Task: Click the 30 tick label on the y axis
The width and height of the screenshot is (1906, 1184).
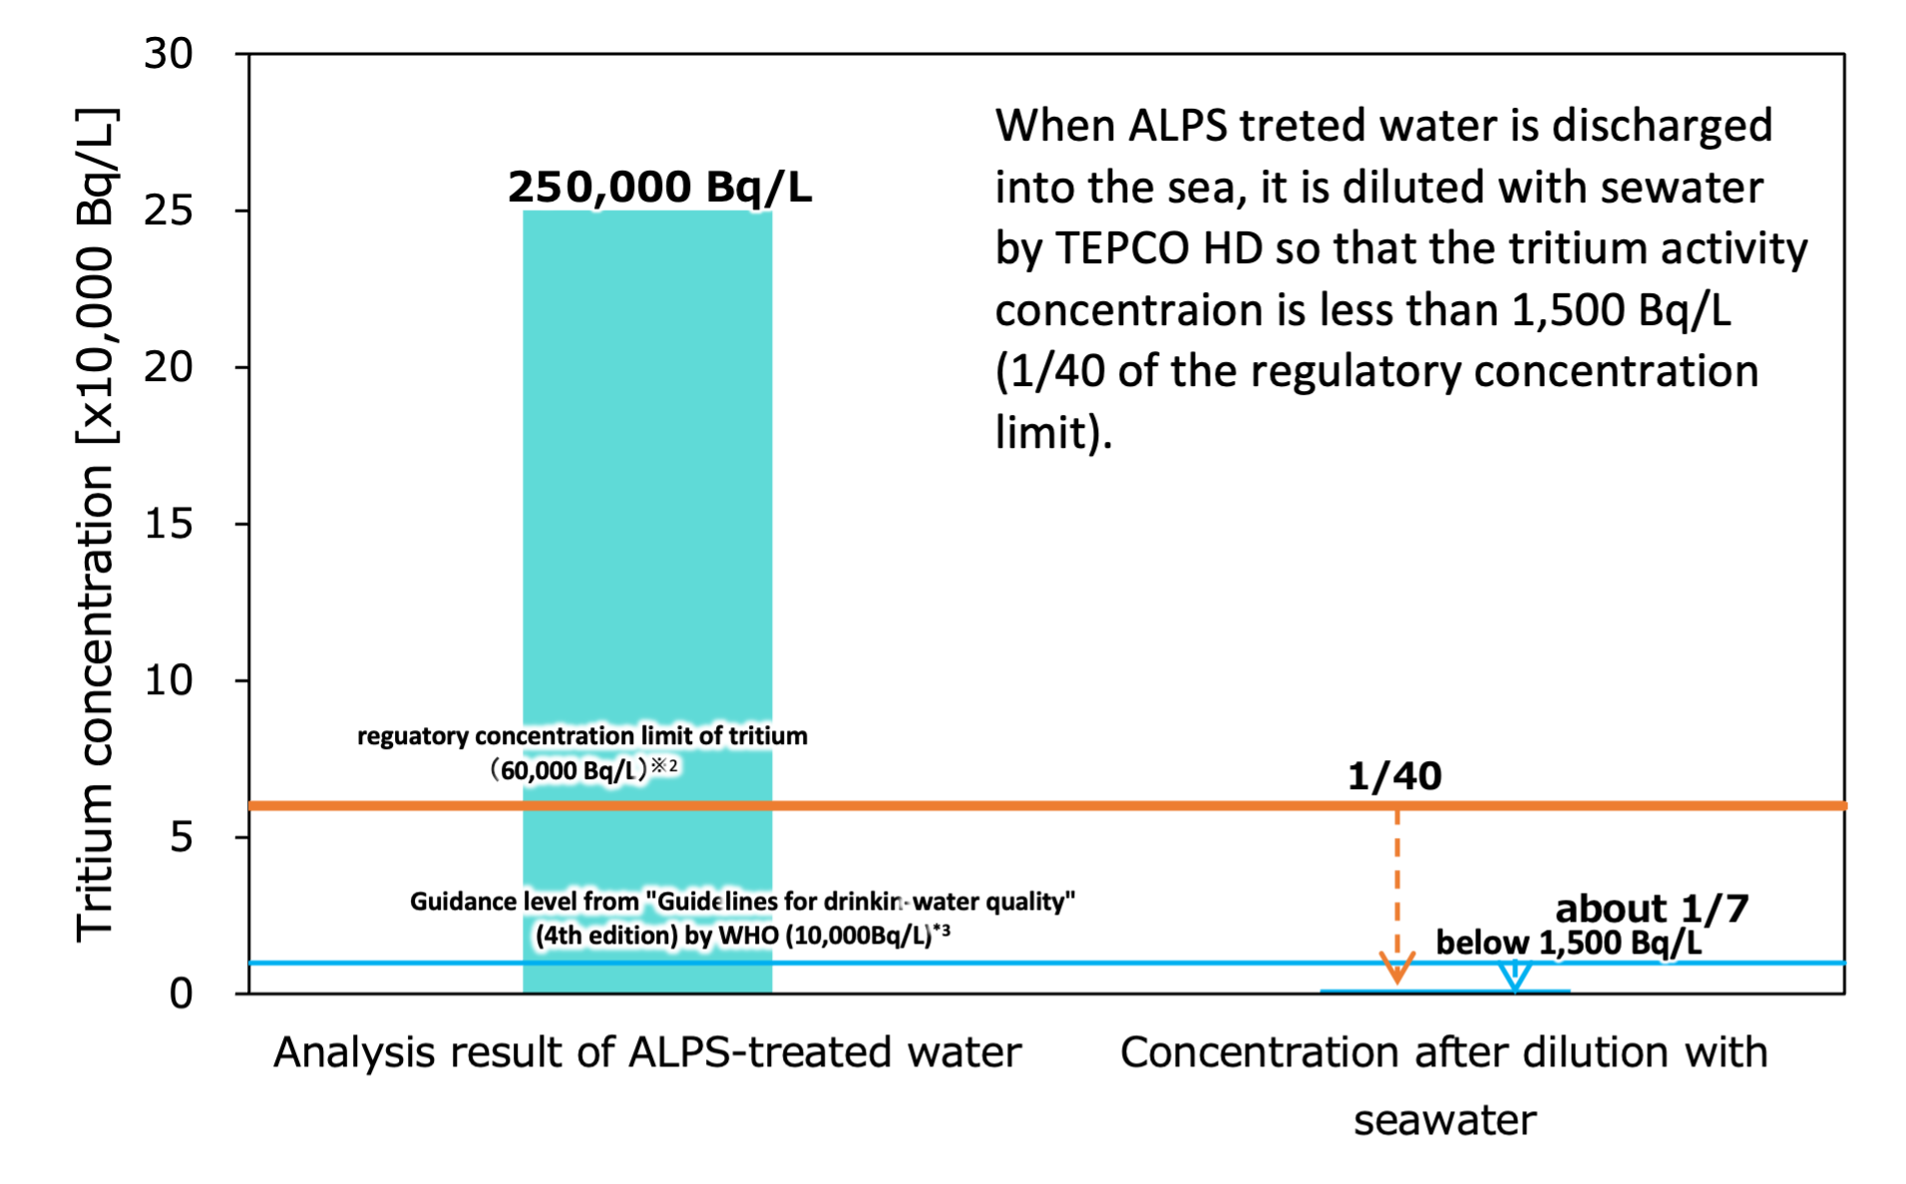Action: pos(168,53)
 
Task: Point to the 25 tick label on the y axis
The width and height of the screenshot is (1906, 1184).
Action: pos(168,209)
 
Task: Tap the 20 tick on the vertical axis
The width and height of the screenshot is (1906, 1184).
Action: pos(168,367)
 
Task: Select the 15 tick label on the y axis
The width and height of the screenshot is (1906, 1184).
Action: pos(168,524)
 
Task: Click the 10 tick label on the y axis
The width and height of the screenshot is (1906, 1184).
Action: pos(168,680)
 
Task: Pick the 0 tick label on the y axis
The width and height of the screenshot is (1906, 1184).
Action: pos(181,993)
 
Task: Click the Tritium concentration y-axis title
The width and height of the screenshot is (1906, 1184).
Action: pos(97,524)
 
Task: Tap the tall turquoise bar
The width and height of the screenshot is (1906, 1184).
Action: pos(647,601)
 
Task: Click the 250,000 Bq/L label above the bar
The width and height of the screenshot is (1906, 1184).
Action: pos(659,187)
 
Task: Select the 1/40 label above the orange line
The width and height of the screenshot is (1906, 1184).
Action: pos(1394,776)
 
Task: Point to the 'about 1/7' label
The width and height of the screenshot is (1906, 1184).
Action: pos(1652,908)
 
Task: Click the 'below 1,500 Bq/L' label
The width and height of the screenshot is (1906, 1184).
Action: pos(1568,943)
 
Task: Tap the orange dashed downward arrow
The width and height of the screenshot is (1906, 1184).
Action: pos(1397,896)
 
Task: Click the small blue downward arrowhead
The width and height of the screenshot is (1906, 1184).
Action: pos(1515,976)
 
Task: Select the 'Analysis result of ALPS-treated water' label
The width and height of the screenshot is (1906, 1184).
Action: pos(647,1052)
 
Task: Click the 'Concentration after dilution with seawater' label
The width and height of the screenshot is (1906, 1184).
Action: pos(1444,1086)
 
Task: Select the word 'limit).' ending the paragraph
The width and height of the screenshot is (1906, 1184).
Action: pos(1053,433)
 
